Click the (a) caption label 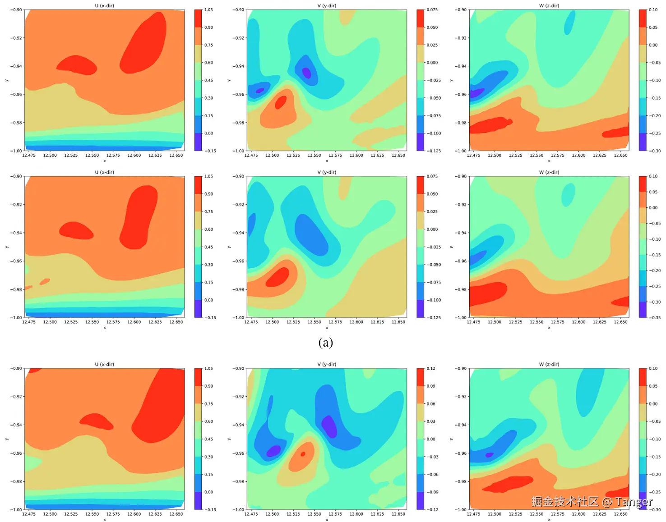pyautogui.click(x=325, y=343)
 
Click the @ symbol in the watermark pyautogui.click(x=607, y=501)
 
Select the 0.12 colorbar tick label pyautogui.click(x=431, y=368)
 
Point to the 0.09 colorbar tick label pyautogui.click(x=431, y=386)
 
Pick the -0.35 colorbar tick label pyautogui.click(x=655, y=317)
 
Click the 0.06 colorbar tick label pyautogui.click(x=431, y=404)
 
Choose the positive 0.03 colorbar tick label pyautogui.click(x=431, y=421)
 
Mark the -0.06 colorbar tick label pyautogui.click(x=432, y=474)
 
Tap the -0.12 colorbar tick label pyautogui.click(x=432, y=510)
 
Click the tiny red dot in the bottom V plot pyautogui.click(x=303, y=454)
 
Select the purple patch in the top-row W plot pyautogui.click(x=476, y=93)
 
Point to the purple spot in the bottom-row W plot pyautogui.click(x=489, y=455)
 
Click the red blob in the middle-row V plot pyautogui.click(x=278, y=277)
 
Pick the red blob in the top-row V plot pyautogui.click(x=280, y=103)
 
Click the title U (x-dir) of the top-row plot pyautogui.click(x=104, y=5)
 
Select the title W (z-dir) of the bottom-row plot pyautogui.click(x=549, y=364)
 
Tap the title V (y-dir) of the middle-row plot pyautogui.click(x=327, y=172)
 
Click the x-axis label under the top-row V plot pyautogui.click(x=327, y=161)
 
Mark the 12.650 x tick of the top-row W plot pyautogui.click(x=620, y=156)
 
